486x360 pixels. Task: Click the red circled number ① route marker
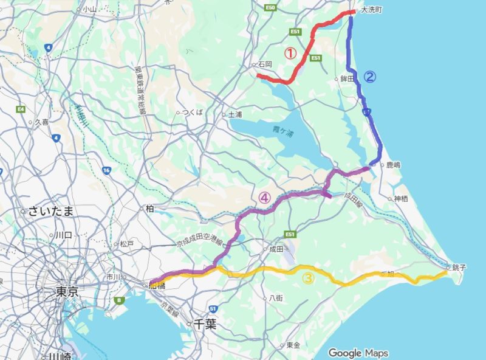tap(290, 54)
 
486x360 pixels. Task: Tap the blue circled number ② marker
tap(369, 77)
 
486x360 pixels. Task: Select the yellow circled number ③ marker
tap(308, 279)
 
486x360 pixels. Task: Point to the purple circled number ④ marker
tap(264, 197)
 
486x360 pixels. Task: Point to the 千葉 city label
tap(205, 324)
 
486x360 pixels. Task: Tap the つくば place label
tap(192, 112)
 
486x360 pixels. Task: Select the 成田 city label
tap(276, 249)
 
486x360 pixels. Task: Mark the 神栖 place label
tap(400, 198)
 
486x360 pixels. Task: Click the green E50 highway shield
tap(270, 8)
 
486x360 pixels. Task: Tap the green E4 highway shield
tap(21, 109)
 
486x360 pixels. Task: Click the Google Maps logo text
tap(358, 353)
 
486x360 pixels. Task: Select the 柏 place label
tap(149, 208)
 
